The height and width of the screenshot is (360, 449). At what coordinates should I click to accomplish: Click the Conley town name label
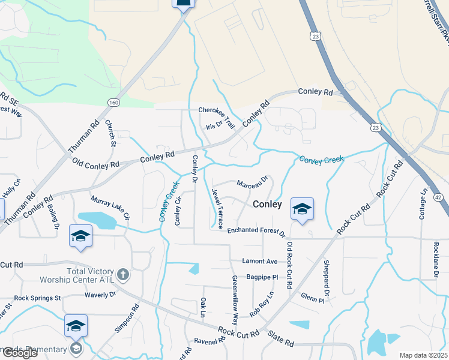tap(267, 204)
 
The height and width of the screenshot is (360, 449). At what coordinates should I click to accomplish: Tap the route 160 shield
tap(113, 103)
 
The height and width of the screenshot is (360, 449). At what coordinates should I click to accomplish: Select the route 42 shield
tap(438, 197)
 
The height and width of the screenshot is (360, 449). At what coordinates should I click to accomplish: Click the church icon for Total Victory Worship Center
tap(122, 274)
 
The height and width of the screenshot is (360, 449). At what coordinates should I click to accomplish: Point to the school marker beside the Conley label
tap(302, 209)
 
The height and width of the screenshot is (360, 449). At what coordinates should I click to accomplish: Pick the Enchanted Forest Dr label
tap(256, 230)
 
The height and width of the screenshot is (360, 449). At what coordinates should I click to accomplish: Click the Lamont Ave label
tap(260, 262)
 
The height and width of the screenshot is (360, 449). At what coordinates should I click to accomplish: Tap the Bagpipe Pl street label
tap(262, 277)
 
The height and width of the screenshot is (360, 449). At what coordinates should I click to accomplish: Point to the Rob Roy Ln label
tap(262, 304)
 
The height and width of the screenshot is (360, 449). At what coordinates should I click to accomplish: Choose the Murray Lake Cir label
tap(110, 206)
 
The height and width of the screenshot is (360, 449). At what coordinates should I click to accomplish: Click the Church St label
tap(110, 133)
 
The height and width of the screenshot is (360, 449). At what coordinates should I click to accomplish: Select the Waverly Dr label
tap(100, 295)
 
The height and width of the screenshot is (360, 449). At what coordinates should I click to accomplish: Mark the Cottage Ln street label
tap(423, 205)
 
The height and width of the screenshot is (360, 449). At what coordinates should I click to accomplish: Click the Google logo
tap(20, 353)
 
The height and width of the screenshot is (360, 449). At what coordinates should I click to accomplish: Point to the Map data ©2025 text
tap(423, 355)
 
